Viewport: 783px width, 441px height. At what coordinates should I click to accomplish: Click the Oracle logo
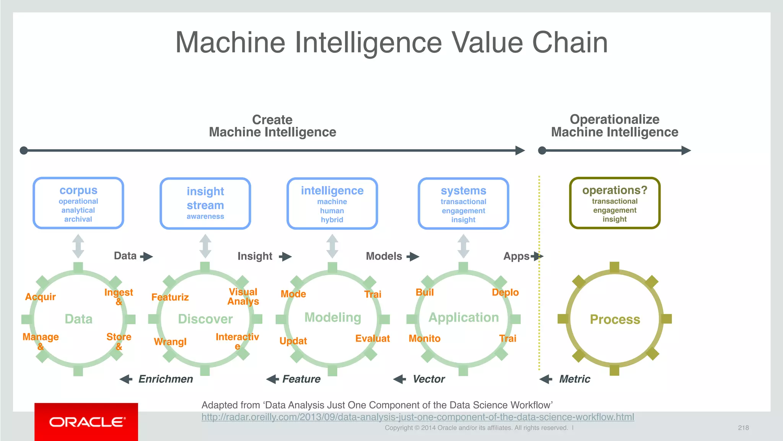pos(86,422)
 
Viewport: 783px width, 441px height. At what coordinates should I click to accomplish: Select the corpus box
pos(78,203)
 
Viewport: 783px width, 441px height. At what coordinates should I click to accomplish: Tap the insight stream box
pos(205,203)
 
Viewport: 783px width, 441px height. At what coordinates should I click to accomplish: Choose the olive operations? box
pos(614,203)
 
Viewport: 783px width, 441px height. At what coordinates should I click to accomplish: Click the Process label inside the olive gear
pos(614,319)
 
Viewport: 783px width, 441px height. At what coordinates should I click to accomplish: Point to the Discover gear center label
pos(205,319)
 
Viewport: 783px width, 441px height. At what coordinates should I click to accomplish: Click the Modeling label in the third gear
pos(333,317)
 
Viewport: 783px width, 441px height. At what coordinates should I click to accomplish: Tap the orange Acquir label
pos(40,297)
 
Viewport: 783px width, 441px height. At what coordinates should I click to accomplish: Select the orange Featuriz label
pos(170,297)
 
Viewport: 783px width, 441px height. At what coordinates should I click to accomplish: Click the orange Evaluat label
pos(372,338)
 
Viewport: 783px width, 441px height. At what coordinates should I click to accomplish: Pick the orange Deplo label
pos(505,292)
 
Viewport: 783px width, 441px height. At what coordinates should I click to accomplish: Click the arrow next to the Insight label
pos(285,256)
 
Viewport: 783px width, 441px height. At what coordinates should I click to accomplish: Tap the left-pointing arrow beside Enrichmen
pos(126,379)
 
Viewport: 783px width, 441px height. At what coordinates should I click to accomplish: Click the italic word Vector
pos(429,379)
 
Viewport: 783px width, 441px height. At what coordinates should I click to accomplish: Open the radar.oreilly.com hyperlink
pos(417,417)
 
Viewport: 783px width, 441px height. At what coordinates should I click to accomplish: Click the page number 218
pos(743,428)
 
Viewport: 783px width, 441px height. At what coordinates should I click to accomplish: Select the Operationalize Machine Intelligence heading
pos(614,126)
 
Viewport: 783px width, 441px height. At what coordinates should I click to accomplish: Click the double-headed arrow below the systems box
pos(463,246)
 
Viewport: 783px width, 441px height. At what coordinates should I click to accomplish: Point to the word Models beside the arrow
pos(384,256)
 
